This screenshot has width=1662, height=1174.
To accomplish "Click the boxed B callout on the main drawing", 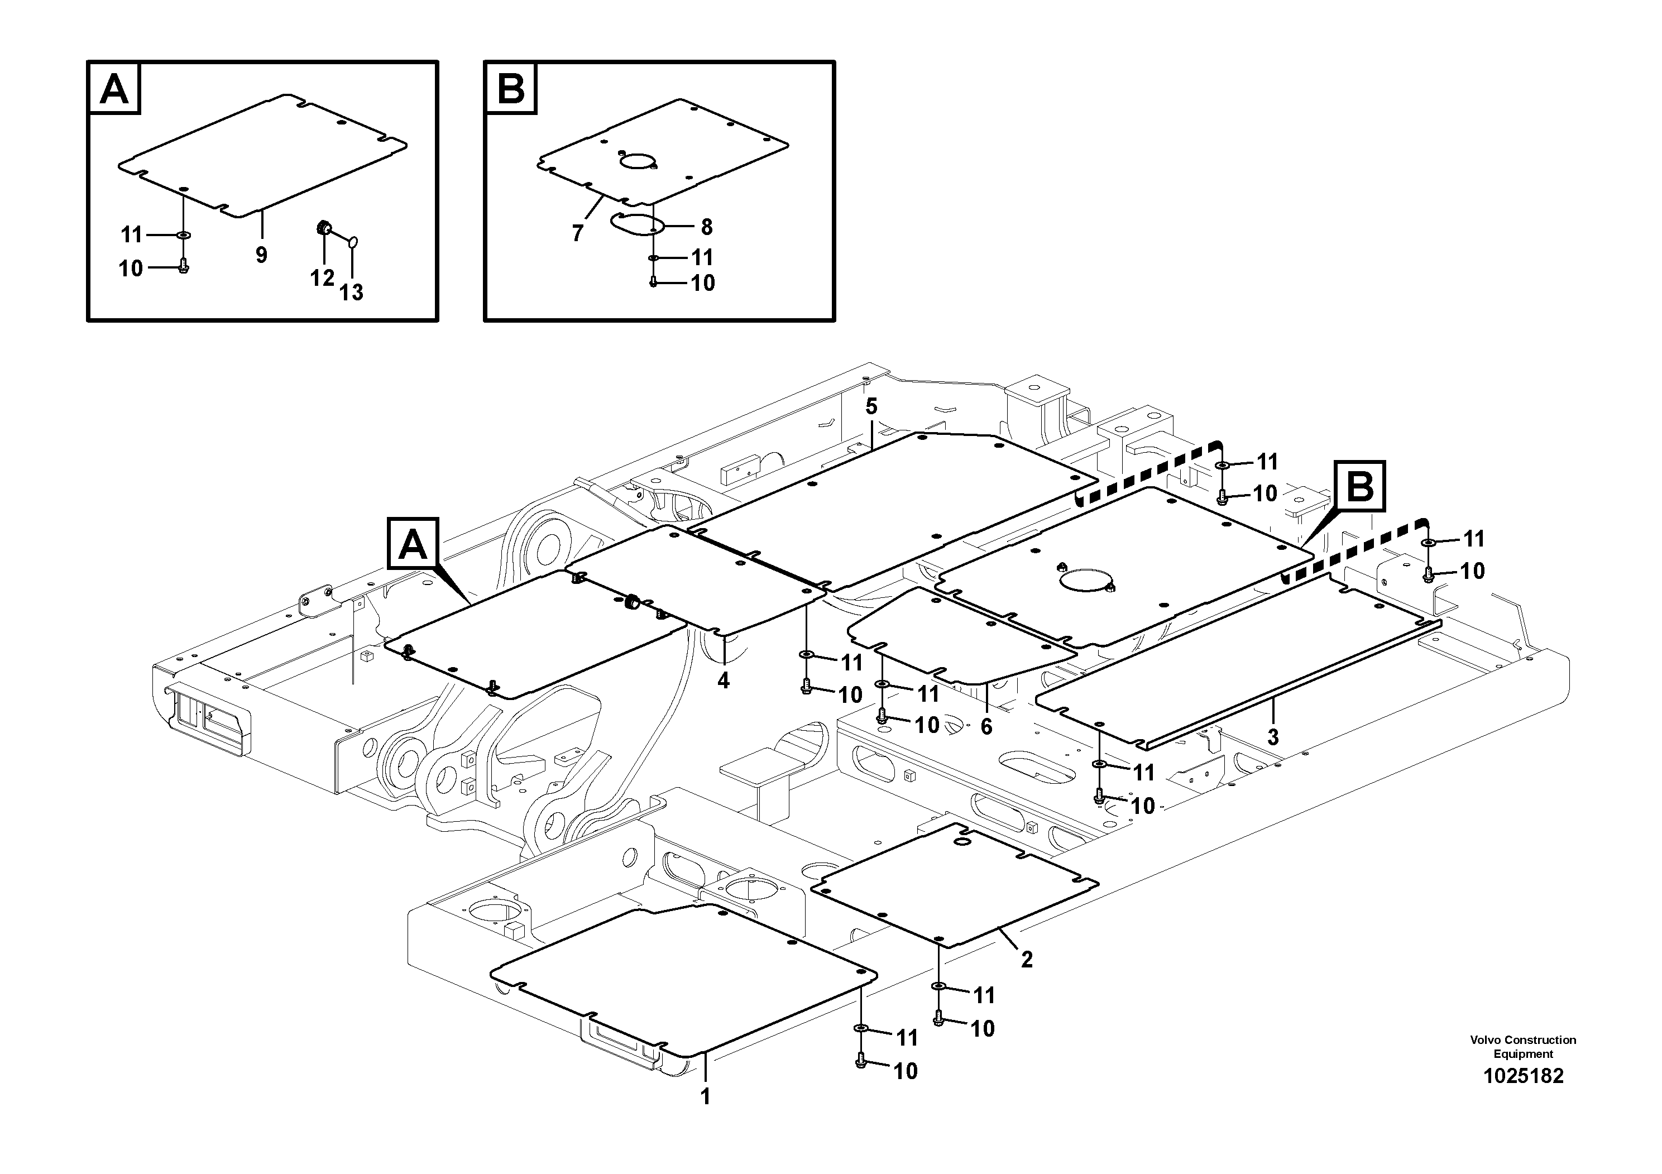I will [1360, 486].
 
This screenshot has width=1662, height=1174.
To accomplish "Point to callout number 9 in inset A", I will [261, 255].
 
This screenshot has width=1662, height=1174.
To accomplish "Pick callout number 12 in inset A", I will [322, 277].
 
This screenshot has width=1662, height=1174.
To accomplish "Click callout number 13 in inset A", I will [351, 293].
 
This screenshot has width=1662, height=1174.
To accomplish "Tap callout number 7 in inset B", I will [577, 233].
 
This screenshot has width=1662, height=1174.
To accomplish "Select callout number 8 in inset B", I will [706, 227].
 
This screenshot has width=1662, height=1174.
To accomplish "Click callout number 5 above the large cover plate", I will [871, 407].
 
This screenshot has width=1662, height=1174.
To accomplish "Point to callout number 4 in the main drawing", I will [723, 681].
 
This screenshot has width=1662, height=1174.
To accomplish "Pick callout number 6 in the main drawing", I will [986, 727].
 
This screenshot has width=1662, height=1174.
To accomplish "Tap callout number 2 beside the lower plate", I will [1027, 960].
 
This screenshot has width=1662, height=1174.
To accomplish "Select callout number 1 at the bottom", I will [705, 1098].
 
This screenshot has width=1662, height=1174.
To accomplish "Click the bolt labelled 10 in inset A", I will [183, 268].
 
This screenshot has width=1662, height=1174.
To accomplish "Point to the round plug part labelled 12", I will [323, 229].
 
